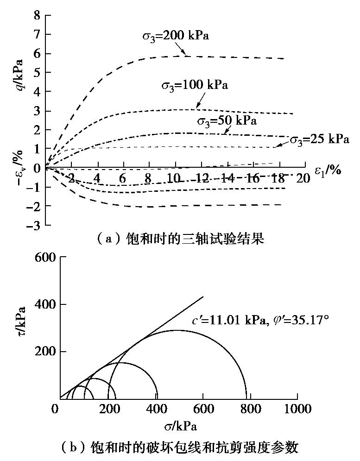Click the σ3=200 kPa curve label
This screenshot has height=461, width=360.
click(175, 36)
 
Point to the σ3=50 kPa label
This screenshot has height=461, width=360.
click(227, 121)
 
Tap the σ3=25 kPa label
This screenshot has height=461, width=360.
click(319, 139)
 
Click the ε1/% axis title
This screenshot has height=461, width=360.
click(328, 170)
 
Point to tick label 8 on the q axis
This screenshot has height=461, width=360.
click(36, 16)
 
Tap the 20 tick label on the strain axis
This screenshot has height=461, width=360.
click(303, 178)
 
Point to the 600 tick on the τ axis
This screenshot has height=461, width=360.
click(45, 258)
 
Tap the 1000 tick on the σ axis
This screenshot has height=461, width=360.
click(297, 410)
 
